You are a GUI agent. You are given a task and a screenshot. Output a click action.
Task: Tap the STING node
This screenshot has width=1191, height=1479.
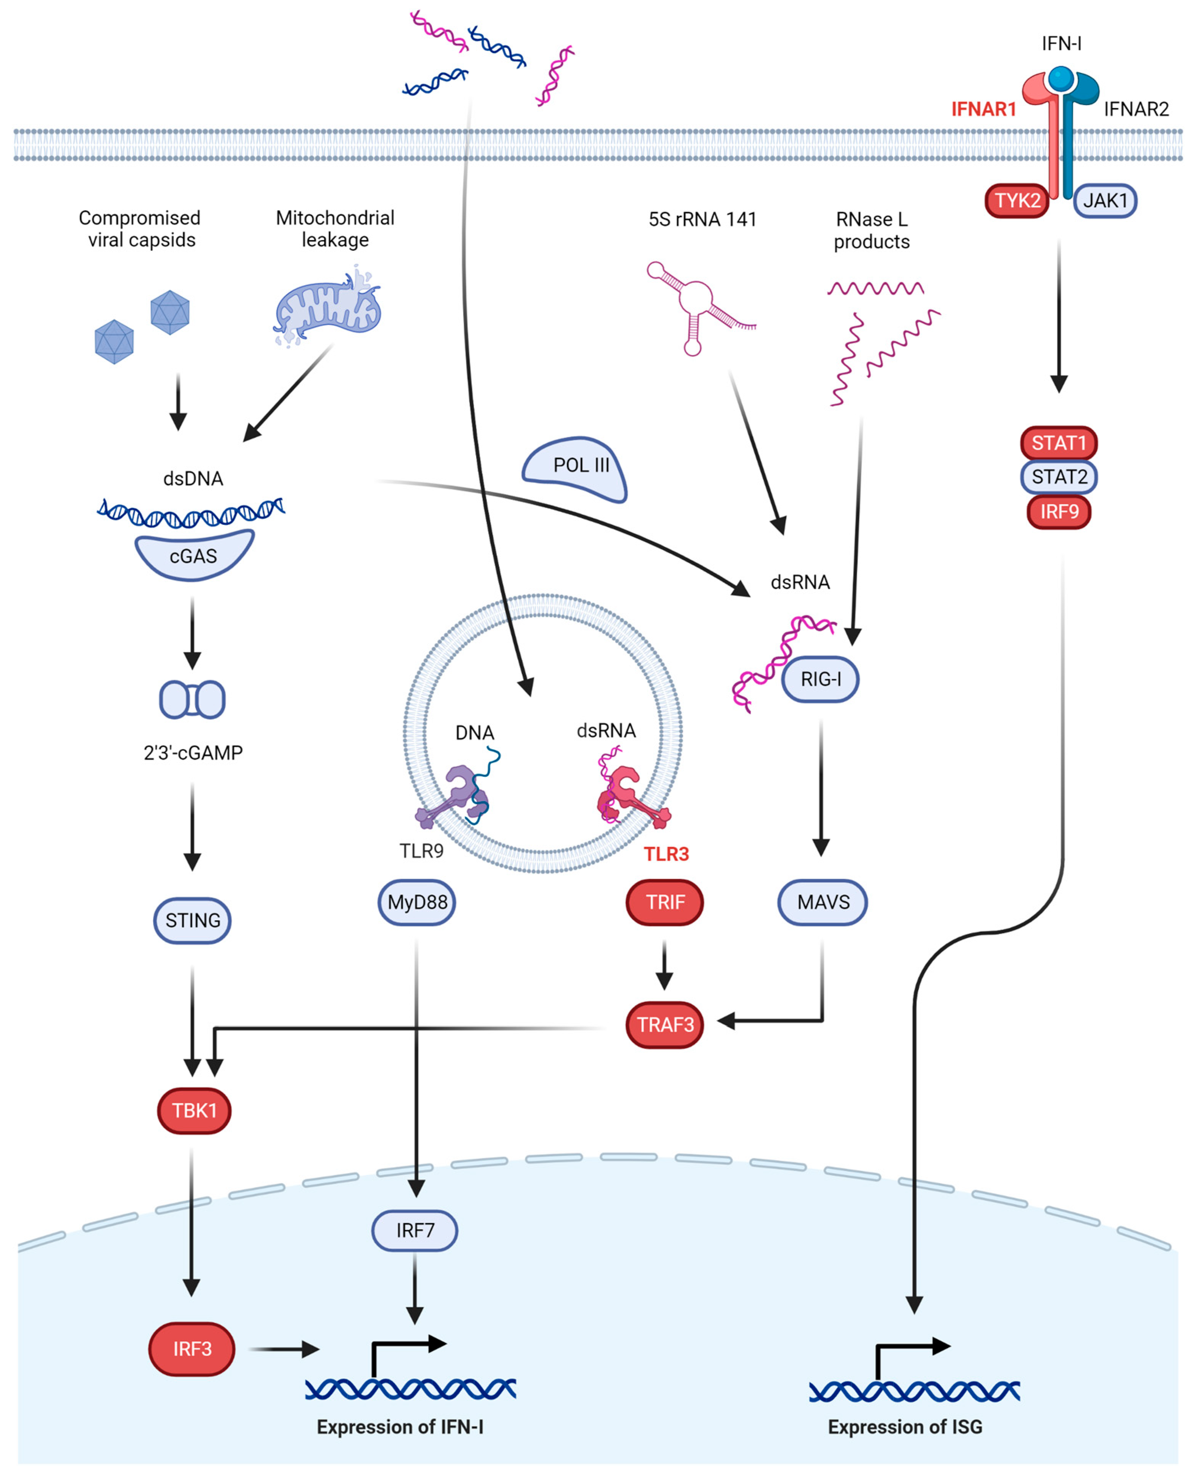coord(192,920)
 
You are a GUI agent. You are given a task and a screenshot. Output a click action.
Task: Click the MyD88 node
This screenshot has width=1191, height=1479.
coord(416,902)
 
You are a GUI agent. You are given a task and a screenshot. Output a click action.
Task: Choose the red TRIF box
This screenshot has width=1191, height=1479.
coord(665,902)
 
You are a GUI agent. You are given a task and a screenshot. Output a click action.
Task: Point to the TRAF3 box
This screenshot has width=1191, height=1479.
coord(665,1025)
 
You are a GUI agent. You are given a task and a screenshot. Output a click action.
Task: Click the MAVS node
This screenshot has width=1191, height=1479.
coord(823,902)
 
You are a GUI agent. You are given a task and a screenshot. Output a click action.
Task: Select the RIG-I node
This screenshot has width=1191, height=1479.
coord(820,679)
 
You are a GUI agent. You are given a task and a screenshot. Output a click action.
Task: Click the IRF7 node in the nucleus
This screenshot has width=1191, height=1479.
coord(415,1231)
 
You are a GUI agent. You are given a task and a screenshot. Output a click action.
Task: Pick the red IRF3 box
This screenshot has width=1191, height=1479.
coord(192,1349)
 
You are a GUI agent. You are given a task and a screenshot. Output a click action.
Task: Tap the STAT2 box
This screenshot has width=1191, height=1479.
coord(1059,477)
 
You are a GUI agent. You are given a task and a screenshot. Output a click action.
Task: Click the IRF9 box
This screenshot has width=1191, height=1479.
coord(1059,512)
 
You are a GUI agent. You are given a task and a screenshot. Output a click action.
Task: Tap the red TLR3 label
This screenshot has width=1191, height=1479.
coord(666,854)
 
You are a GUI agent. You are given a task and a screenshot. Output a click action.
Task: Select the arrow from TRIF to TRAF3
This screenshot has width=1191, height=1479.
coord(664,966)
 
